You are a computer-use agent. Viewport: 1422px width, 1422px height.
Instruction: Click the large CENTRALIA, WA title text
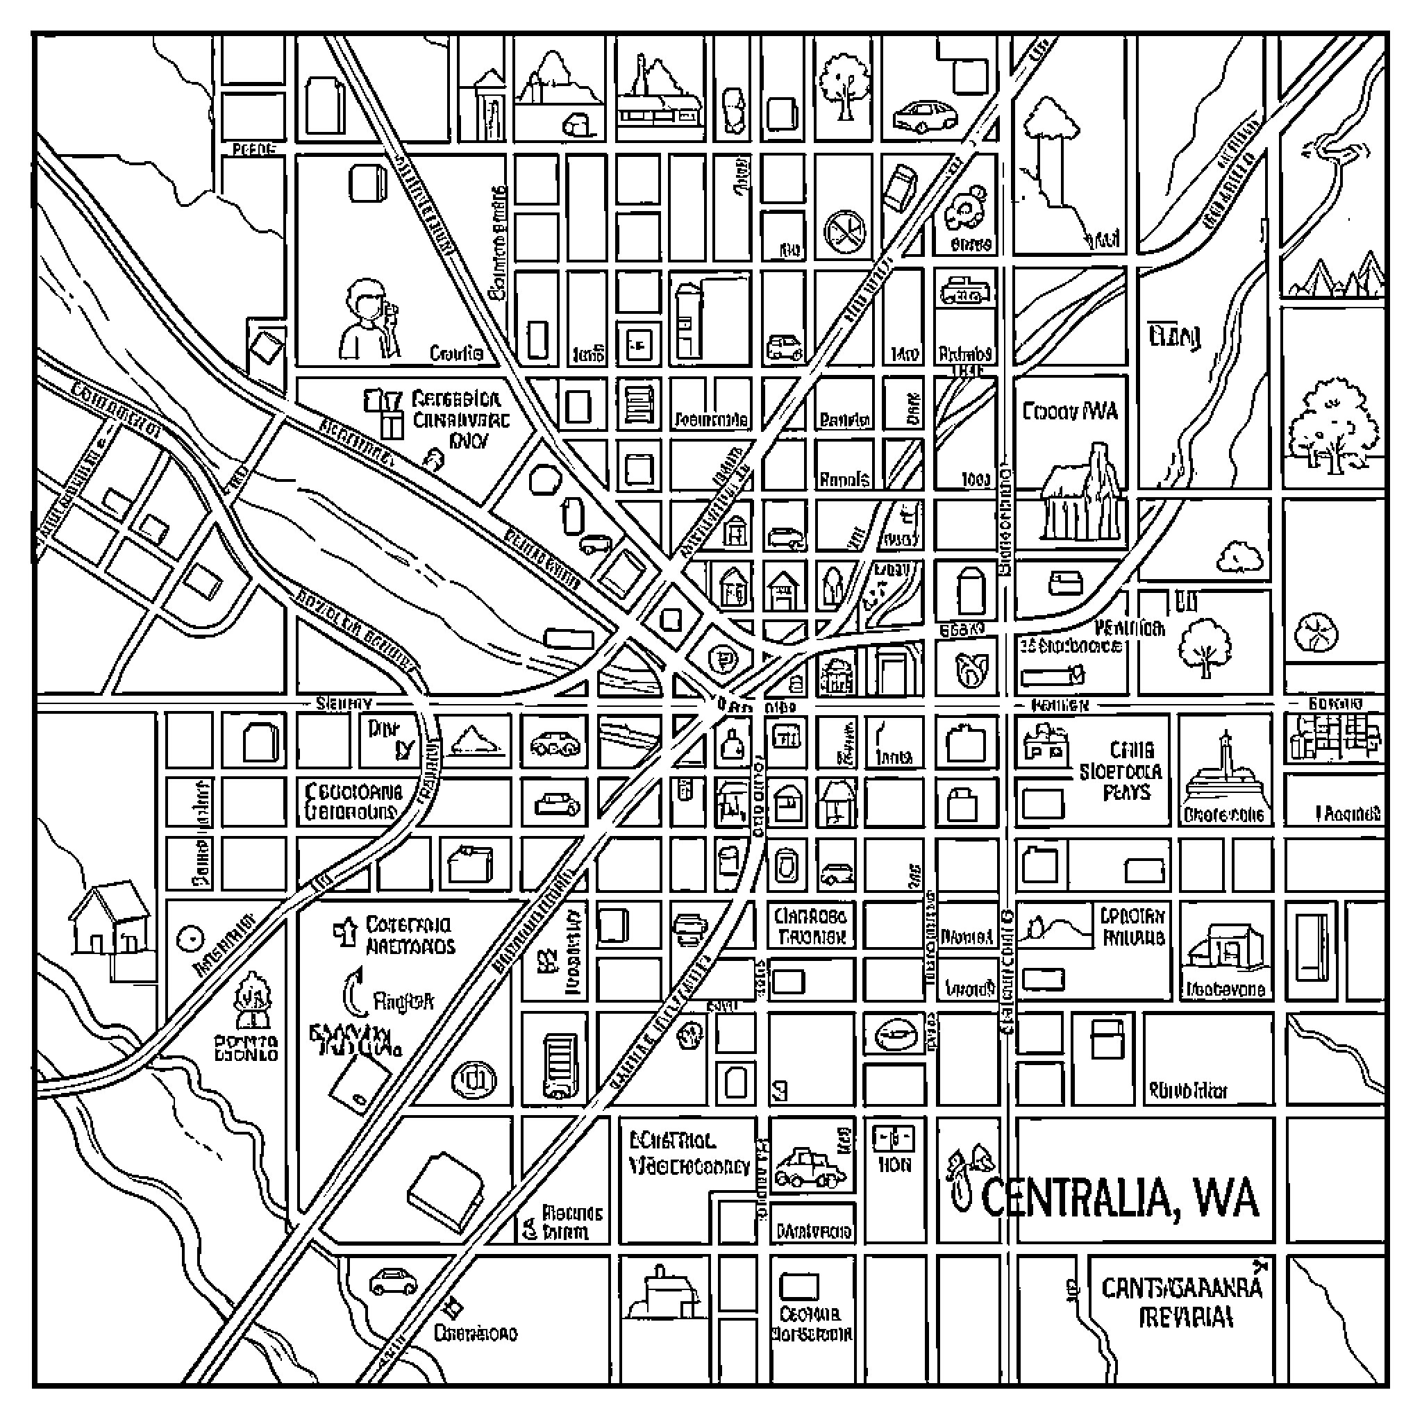[1120, 1198]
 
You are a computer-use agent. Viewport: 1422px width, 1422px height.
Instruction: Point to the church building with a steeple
[1082, 492]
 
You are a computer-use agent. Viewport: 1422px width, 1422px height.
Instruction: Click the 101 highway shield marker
[474, 1080]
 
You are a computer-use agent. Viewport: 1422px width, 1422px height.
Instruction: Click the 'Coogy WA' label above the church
[1069, 411]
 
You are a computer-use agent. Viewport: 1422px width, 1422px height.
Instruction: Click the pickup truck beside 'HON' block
[810, 1167]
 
